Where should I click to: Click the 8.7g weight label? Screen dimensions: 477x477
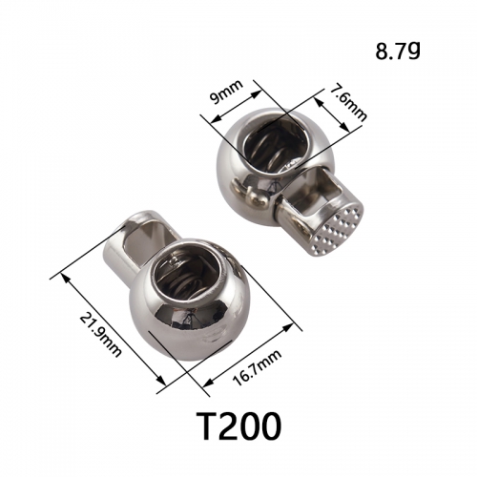[398, 51]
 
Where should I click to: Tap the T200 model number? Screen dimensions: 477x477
[238, 426]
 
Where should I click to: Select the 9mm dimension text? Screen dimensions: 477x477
[228, 92]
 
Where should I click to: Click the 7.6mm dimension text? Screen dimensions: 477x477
[348, 102]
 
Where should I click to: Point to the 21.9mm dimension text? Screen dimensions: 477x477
[100, 335]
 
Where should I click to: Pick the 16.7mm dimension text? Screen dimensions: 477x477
[258, 368]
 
